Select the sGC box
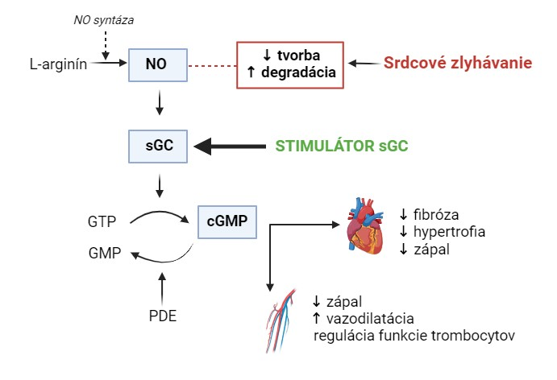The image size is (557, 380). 158,146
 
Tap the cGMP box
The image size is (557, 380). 227,220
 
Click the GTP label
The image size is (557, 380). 103,220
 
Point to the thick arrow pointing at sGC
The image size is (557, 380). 233,147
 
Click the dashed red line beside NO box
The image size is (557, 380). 210,63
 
